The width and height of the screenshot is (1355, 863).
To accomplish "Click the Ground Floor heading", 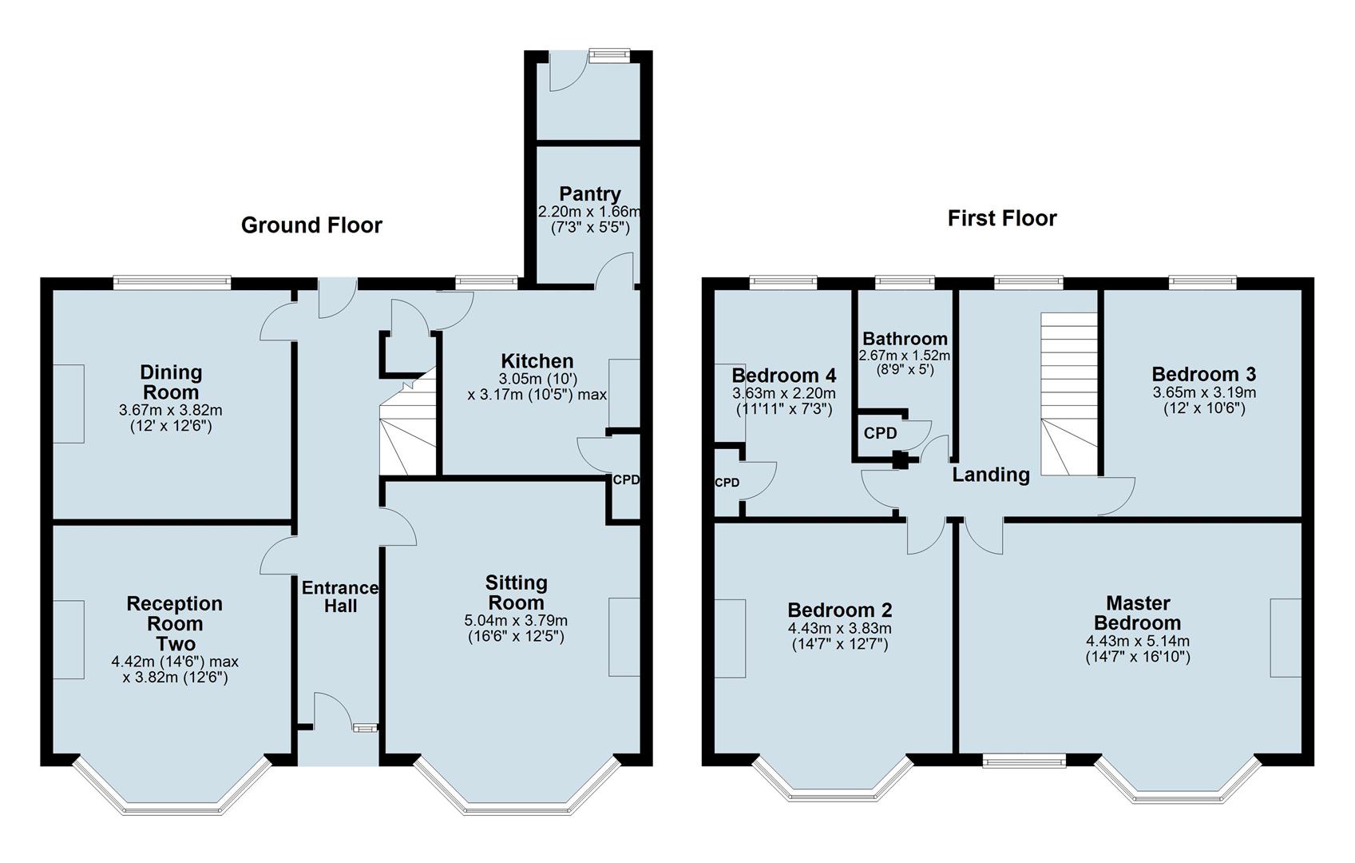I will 311,225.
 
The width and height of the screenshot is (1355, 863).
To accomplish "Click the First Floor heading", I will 1001,218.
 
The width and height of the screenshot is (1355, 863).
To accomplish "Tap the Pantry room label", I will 589,194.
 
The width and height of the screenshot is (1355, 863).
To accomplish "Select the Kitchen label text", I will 537,361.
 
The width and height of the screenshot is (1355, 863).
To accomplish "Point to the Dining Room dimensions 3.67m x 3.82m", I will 170,411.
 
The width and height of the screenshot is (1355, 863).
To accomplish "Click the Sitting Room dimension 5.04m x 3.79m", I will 516,621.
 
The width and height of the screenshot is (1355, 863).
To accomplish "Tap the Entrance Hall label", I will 340,597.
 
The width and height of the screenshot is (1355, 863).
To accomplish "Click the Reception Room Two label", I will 174,623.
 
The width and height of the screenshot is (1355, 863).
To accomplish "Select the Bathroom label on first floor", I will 905,339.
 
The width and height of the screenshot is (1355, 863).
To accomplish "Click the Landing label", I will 991,475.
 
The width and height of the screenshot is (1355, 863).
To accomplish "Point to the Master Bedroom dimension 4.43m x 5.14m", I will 1137,642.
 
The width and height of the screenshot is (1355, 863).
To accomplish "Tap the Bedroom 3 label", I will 1203,374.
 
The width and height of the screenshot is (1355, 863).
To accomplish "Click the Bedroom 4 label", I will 783,376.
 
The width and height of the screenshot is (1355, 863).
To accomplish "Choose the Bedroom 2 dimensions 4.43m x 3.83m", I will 839,629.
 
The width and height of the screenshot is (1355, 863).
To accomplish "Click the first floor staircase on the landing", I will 1068,392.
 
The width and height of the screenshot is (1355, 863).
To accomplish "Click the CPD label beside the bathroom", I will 880,433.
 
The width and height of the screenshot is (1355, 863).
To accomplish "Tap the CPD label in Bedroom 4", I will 726,483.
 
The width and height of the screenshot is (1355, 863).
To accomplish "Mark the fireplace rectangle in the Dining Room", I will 69,404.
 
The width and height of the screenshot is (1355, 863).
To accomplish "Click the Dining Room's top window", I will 172,281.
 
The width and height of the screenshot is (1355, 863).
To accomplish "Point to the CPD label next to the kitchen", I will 625,480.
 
